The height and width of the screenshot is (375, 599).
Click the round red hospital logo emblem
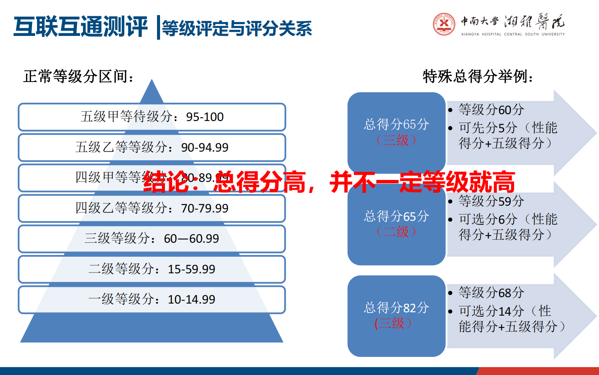click(x=444, y=24)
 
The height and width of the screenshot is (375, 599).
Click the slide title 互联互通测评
click(x=80, y=27)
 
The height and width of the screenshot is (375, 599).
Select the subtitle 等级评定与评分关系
click(x=237, y=28)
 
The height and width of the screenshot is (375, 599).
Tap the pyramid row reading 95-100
click(x=152, y=117)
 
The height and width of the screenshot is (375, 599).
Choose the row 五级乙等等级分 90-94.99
click(x=152, y=147)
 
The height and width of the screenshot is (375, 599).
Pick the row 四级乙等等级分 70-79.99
click(x=152, y=208)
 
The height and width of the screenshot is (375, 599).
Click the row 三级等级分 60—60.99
click(x=152, y=239)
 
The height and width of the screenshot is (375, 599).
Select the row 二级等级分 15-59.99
click(x=152, y=269)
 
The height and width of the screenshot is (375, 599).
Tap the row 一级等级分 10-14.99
click(x=152, y=299)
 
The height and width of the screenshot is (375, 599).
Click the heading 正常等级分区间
click(x=79, y=77)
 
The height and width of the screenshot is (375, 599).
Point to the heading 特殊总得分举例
click(x=478, y=77)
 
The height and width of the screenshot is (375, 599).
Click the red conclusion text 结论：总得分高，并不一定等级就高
click(x=329, y=182)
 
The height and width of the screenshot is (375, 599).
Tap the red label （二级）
click(x=396, y=232)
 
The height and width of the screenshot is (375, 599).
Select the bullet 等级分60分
click(x=491, y=110)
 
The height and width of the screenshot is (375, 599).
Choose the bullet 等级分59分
click(x=491, y=201)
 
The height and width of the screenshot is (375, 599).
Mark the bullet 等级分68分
click(x=491, y=293)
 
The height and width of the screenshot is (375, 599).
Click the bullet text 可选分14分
click(x=491, y=311)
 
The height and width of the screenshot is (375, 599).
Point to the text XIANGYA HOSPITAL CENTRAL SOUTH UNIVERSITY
click(x=513, y=34)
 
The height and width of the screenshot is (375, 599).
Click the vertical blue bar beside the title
click(x=159, y=27)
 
